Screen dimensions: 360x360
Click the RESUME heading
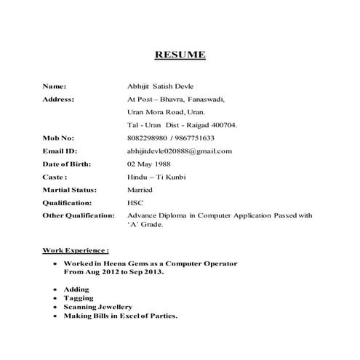[180, 55]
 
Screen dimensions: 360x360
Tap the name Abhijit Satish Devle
[159, 86]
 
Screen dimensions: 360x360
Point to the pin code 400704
[223, 125]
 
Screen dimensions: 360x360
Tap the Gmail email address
[179, 151]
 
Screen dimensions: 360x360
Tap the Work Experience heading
[76, 249]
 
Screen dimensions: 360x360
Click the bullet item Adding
[76, 289]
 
